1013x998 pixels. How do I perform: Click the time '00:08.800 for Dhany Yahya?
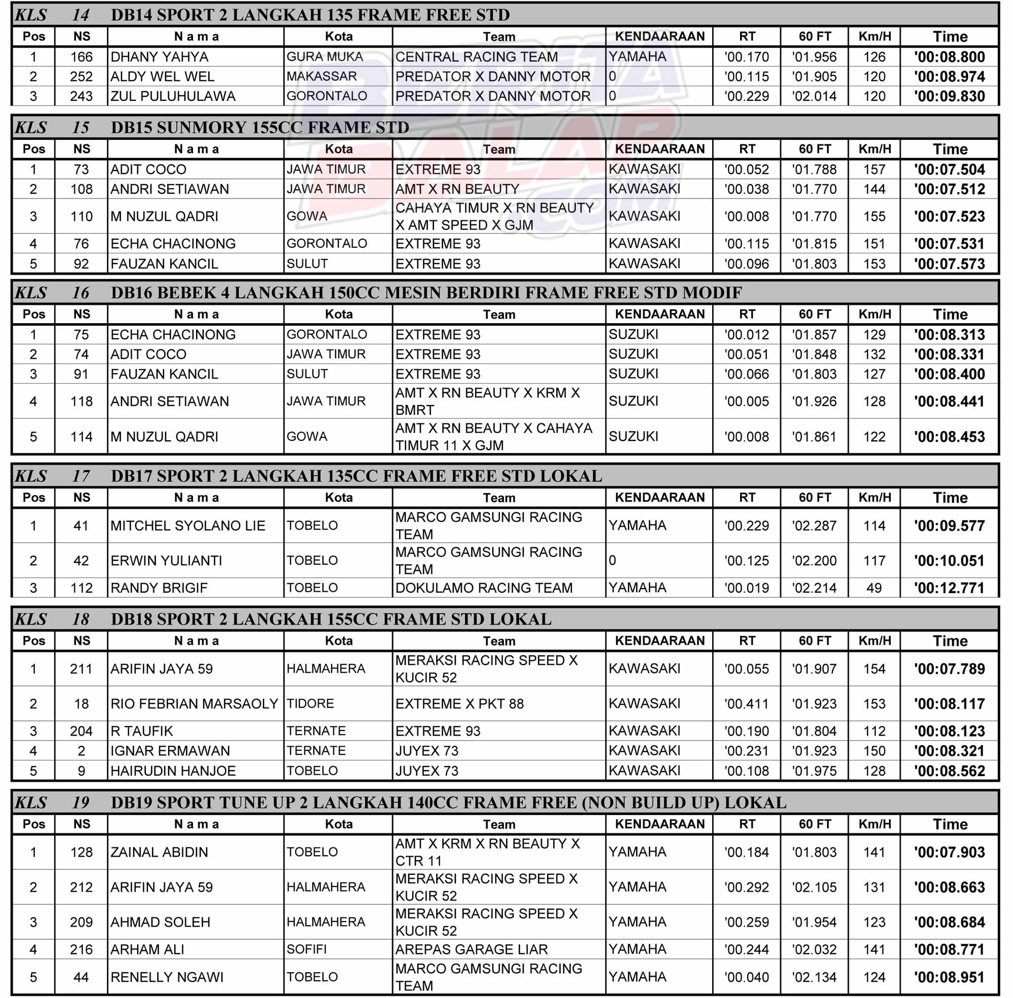(x=949, y=57)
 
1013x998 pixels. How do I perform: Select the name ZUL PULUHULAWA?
(x=173, y=96)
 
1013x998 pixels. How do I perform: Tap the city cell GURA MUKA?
(x=324, y=57)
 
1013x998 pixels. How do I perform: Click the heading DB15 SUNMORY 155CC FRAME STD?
(x=259, y=127)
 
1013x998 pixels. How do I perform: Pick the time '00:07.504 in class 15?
(x=949, y=169)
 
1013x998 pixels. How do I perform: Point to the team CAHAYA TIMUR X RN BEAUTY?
(x=494, y=208)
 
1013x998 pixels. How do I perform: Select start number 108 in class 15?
(x=81, y=189)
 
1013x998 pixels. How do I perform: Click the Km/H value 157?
(x=874, y=169)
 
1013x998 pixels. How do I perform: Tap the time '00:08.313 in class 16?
(x=949, y=334)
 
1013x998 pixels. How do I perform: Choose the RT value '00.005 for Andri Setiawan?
(x=746, y=402)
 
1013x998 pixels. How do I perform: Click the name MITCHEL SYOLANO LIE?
(x=187, y=526)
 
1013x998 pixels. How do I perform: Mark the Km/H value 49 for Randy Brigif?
(x=874, y=588)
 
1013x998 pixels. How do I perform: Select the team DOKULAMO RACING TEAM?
(x=484, y=588)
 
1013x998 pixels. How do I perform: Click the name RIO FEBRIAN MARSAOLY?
(x=194, y=704)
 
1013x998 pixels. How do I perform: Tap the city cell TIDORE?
(x=310, y=704)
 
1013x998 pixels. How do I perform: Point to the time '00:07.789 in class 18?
(x=949, y=669)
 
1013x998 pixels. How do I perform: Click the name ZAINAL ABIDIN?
(x=159, y=852)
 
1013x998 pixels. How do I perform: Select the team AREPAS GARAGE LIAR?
(x=471, y=949)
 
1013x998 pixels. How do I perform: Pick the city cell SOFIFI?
(x=306, y=949)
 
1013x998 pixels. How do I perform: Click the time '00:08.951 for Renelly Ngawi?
(x=949, y=977)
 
